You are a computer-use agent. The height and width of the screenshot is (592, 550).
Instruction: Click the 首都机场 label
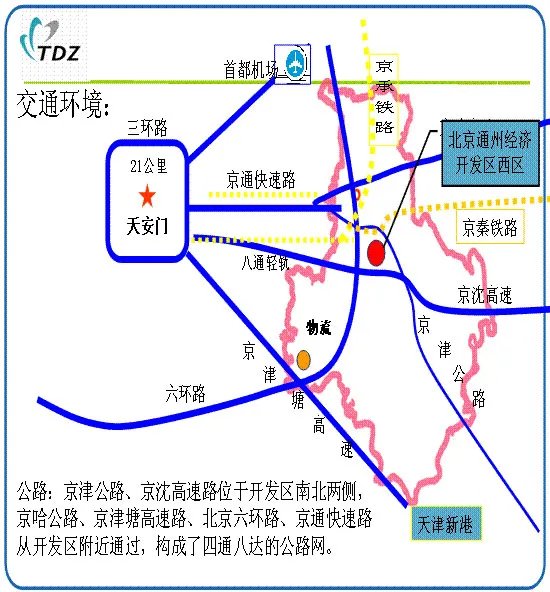248,69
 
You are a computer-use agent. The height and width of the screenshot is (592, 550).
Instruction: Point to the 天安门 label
146,223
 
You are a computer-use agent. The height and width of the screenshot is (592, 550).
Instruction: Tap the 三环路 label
148,127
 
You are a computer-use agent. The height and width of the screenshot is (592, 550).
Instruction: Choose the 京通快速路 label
261,180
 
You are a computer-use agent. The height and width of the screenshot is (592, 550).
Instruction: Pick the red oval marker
376,253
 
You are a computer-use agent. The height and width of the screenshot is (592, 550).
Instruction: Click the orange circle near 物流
303,359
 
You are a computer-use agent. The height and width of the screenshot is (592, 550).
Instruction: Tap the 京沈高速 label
484,295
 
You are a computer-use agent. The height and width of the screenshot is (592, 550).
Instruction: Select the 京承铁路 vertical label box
385,95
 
